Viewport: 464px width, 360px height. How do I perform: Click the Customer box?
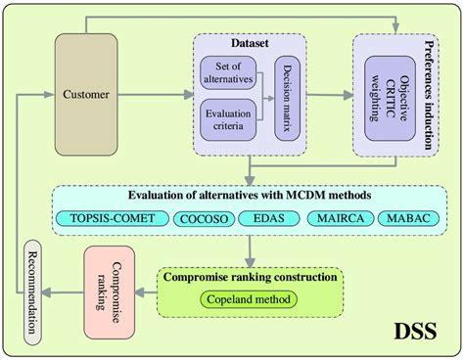tap(86, 95)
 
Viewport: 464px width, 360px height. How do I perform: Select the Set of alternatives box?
tap(228, 72)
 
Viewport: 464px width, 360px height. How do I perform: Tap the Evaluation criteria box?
tap(228, 119)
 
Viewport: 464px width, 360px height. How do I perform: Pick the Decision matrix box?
tap(287, 98)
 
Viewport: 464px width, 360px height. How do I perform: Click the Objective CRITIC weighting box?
tap(390, 99)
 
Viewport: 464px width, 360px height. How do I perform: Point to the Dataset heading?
tap(250, 43)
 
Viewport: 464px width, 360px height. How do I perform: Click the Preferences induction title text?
tap(429, 95)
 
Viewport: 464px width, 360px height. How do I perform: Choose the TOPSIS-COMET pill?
tap(113, 218)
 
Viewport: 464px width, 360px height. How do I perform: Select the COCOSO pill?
tap(204, 219)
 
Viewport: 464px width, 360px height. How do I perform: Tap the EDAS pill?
tap(269, 218)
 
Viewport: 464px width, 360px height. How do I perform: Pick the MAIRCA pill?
tap(341, 218)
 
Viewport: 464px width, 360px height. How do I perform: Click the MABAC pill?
tap(408, 218)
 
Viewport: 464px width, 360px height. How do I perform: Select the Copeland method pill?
tap(249, 299)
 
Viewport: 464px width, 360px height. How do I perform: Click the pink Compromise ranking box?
tap(110, 292)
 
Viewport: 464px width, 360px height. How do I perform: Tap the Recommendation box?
tap(32, 292)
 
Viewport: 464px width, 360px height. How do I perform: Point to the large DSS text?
tap(415, 332)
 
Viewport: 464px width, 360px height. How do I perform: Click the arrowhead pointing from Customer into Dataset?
tap(188, 95)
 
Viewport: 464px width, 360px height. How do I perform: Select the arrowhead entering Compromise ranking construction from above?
tap(250, 262)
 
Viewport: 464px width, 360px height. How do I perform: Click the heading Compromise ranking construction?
tap(251, 277)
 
